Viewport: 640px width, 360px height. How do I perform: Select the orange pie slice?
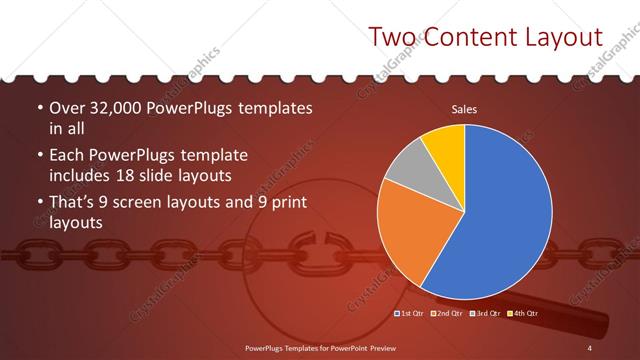point(410,240)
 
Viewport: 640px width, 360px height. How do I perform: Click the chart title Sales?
point(464,109)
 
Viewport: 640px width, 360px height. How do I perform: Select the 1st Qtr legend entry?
point(412,314)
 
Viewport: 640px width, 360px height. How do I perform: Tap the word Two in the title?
point(391,38)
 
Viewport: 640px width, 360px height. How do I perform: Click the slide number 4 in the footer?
point(590,347)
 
